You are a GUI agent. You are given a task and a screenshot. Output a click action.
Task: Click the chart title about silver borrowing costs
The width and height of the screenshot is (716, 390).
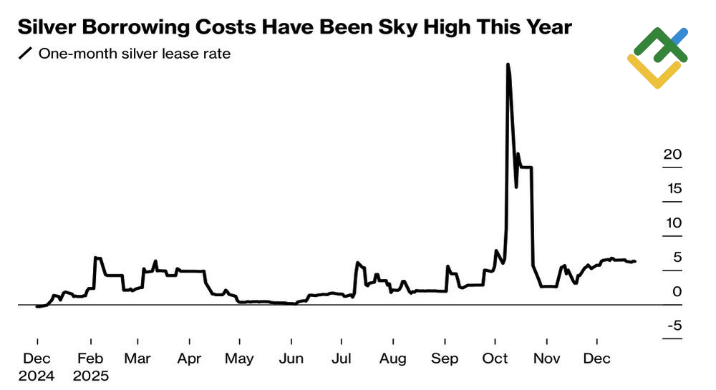(294, 28)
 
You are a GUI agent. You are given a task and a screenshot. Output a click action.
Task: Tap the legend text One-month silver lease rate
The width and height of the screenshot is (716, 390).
(135, 54)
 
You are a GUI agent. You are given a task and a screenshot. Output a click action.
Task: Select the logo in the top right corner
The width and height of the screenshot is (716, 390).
(657, 57)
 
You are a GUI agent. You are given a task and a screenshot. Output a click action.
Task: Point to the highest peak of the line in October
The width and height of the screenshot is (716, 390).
(508, 65)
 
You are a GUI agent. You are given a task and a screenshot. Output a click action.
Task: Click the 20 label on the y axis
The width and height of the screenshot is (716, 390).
(672, 155)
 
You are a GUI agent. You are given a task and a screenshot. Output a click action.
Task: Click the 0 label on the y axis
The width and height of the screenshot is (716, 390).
(677, 292)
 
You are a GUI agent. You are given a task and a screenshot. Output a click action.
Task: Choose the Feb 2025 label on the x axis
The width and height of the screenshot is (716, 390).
(91, 366)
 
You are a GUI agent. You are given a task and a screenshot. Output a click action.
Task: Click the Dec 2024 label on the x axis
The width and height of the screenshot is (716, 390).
(37, 366)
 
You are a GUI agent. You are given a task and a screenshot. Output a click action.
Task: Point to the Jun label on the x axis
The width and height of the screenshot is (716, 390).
(291, 359)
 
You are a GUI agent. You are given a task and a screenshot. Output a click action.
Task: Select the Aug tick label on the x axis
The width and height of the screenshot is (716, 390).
(393, 359)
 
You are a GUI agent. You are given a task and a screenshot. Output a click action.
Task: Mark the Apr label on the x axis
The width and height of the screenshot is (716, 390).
(190, 359)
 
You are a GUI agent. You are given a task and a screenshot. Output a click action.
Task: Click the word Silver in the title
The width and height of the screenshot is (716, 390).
(45, 28)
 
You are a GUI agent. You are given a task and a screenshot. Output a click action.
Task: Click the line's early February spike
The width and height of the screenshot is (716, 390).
(97, 258)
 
